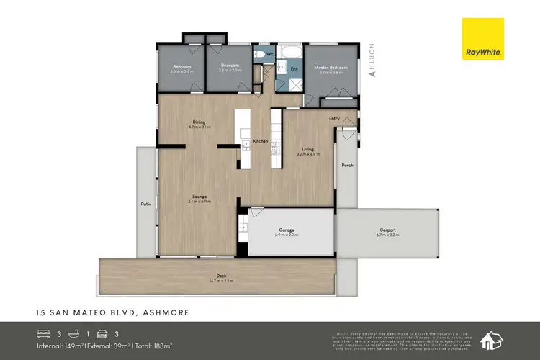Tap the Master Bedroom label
(330, 68)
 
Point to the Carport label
(387, 230)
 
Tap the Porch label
(347, 165)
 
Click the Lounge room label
(199, 196)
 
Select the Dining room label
(199, 122)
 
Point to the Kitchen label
(261, 141)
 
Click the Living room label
(307, 149)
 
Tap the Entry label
(334, 118)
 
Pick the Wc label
(269, 54)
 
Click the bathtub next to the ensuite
(291, 53)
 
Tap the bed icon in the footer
(43, 334)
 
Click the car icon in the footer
(104, 334)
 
